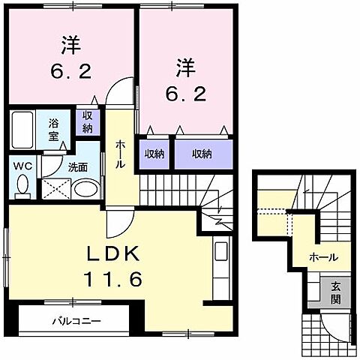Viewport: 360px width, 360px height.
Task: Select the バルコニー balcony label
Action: coord(76,322)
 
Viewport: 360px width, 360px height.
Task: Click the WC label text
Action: coord(20,166)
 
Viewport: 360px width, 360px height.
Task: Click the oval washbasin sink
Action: coord(87,187)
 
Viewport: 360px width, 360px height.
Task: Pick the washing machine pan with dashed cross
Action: coord(54,187)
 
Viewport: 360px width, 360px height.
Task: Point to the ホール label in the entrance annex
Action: coord(323,257)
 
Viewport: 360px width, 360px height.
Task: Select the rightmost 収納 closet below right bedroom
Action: coord(200,154)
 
